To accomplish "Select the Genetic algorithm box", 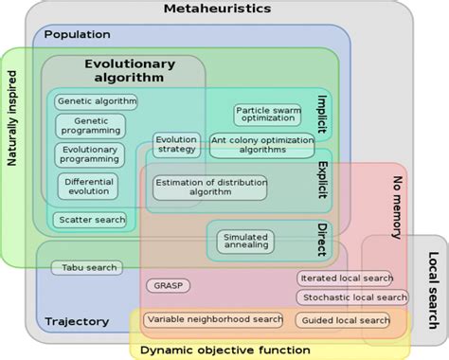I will point(96,101).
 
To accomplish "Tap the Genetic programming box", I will point(90,126).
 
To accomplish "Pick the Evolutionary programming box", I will point(90,154).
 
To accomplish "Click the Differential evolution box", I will point(87,185).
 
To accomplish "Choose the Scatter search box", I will point(91,220).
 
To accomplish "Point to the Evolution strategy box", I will point(176,144).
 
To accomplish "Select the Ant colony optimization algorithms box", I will point(260,144).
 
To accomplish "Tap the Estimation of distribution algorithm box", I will point(210,186).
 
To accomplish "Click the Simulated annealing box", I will point(244,241).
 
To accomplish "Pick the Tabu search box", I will point(86,268).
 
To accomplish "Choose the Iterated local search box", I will point(345,278).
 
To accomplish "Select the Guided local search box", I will point(343,320).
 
